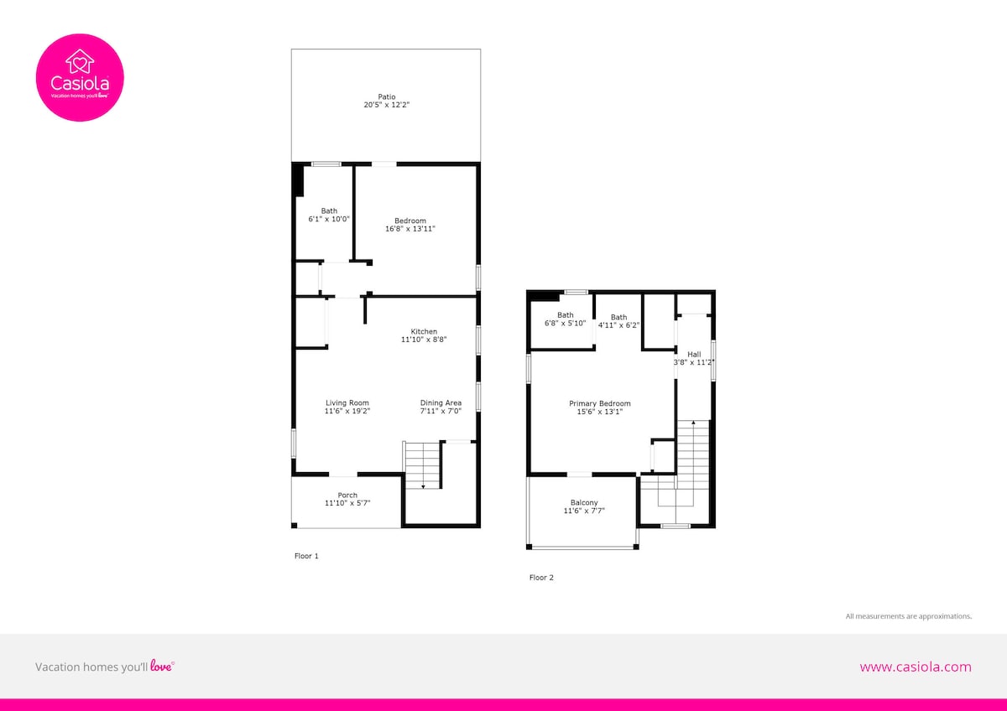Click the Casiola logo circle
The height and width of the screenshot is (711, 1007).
(80, 77)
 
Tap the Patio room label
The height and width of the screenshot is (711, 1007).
(387, 96)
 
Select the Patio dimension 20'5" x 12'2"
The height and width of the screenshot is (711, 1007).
(387, 105)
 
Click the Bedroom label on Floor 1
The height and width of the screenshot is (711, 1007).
(410, 221)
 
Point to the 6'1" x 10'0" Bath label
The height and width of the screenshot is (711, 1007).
(329, 215)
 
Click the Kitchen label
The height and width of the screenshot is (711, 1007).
(424, 331)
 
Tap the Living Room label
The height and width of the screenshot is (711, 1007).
(347, 403)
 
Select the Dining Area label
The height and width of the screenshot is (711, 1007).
(441, 403)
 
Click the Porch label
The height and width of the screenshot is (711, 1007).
(347, 495)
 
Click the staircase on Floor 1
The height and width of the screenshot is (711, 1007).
(423, 465)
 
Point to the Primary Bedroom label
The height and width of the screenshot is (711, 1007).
(600, 403)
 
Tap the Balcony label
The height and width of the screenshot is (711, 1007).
(584, 502)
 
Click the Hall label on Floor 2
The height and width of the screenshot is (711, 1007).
(694, 355)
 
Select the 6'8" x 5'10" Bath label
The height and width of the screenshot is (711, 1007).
(565, 319)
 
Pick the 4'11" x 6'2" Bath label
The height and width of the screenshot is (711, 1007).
(618, 321)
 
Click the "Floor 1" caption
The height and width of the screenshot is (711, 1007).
(306, 556)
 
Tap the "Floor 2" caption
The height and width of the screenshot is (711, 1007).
(541, 578)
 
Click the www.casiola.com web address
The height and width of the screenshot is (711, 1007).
(916, 667)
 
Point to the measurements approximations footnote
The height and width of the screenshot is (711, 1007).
(909, 616)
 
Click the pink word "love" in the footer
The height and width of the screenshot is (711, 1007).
(161, 666)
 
